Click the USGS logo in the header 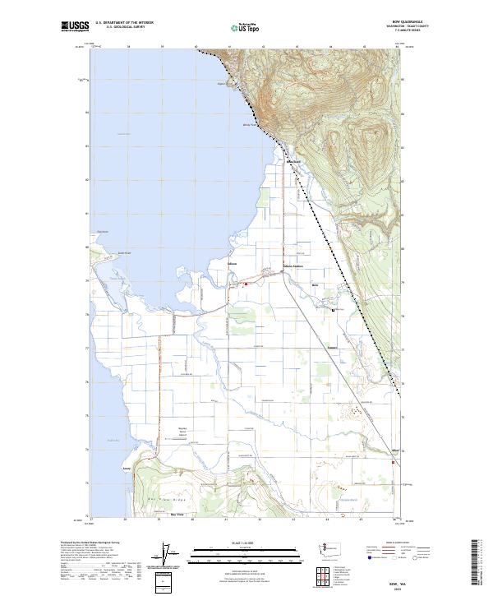(75, 26)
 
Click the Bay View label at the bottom (177, 514)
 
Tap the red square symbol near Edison (245, 284)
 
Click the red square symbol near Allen (393, 462)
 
